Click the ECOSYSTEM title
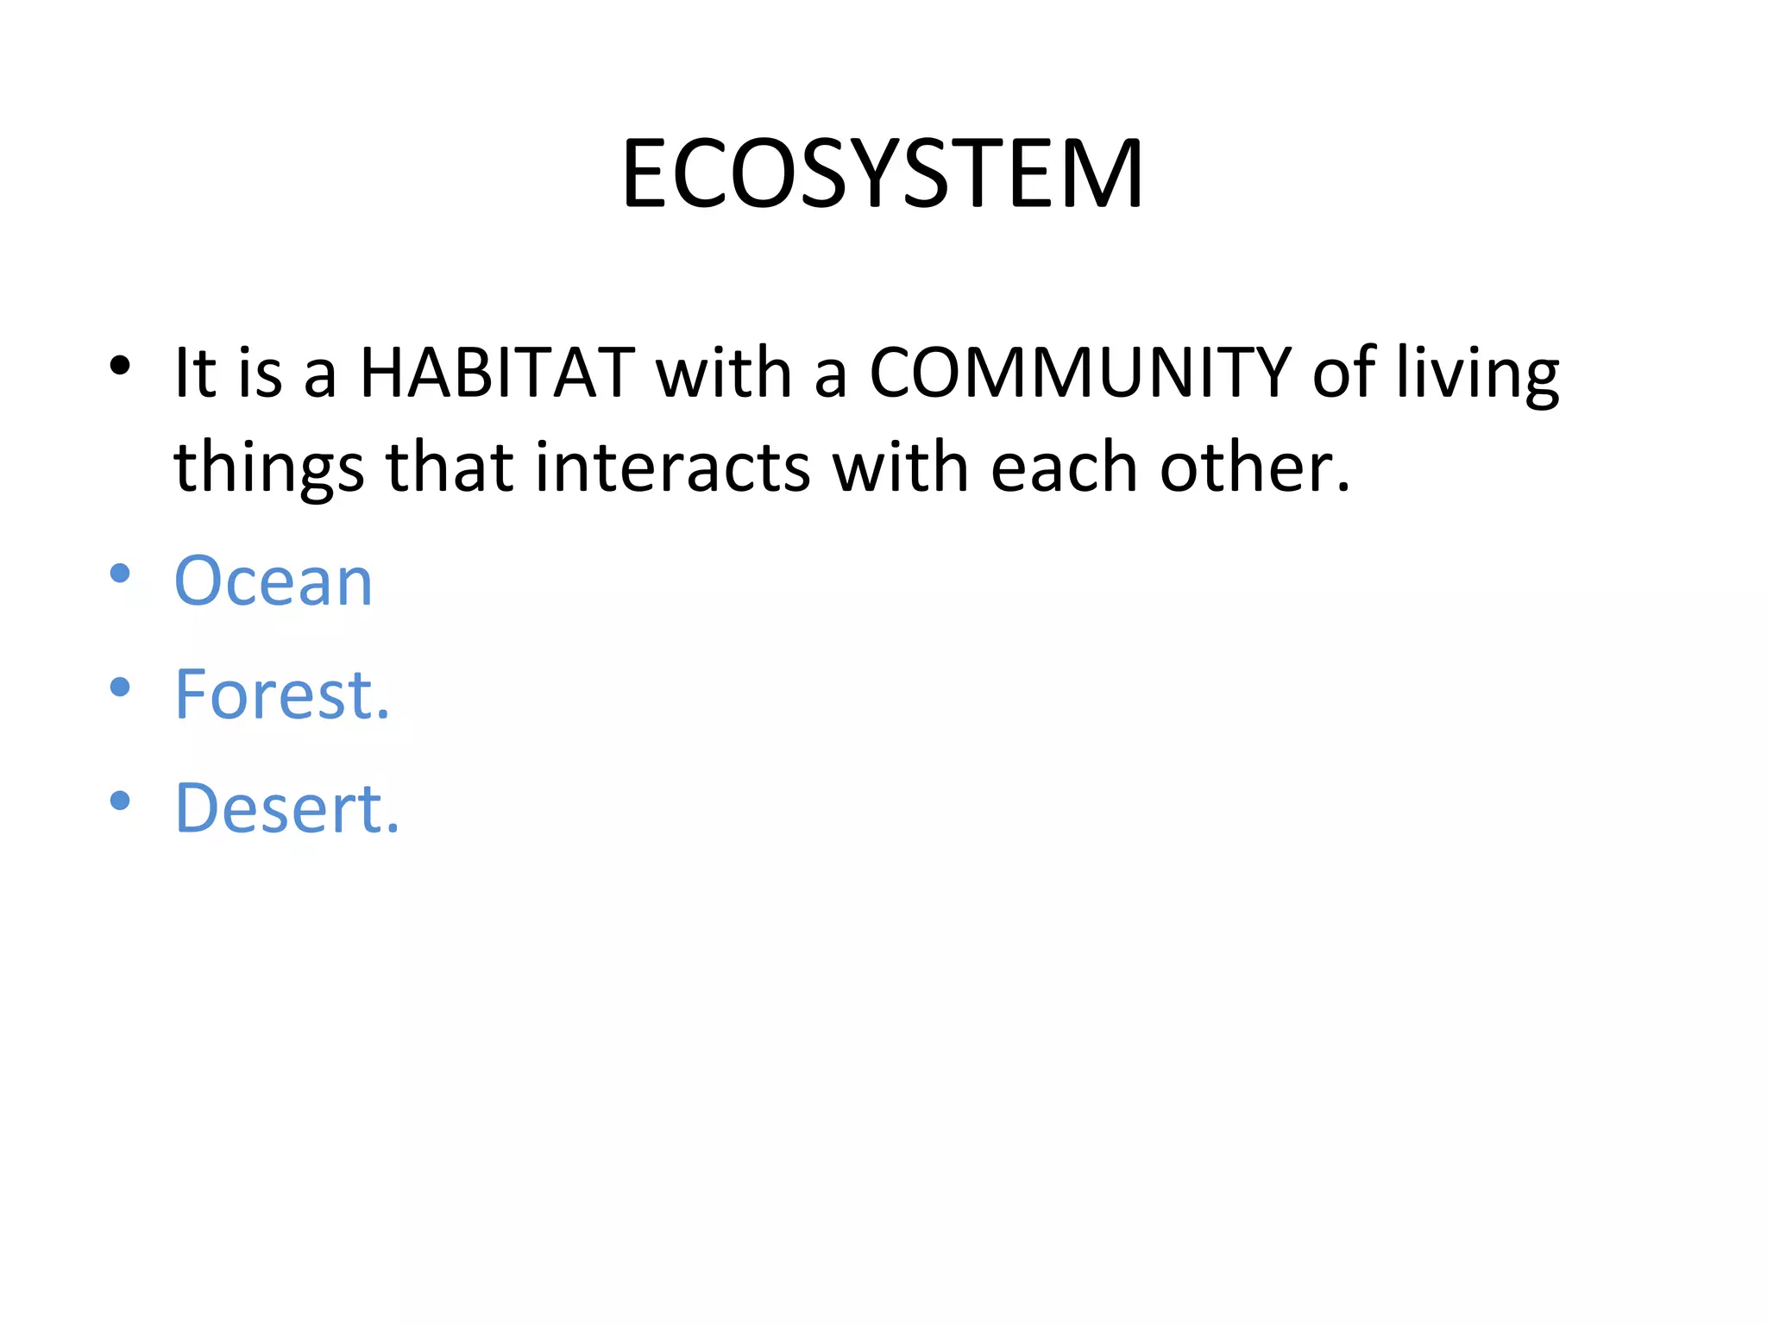pyautogui.click(x=882, y=174)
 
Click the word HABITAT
pyautogui.click(x=497, y=373)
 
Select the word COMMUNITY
pyautogui.click(x=1078, y=373)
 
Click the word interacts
pyautogui.click(x=672, y=468)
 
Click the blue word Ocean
pyautogui.click(x=274, y=581)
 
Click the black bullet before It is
pyautogui.click(x=120, y=366)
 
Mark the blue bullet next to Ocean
pyautogui.click(x=120, y=573)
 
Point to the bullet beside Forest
pyautogui.click(x=120, y=687)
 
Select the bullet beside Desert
pyautogui.click(x=120, y=801)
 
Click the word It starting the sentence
pyautogui.click(x=194, y=373)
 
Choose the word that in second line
pyautogui.click(x=449, y=468)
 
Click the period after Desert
pyautogui.click(x=393, y=830)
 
